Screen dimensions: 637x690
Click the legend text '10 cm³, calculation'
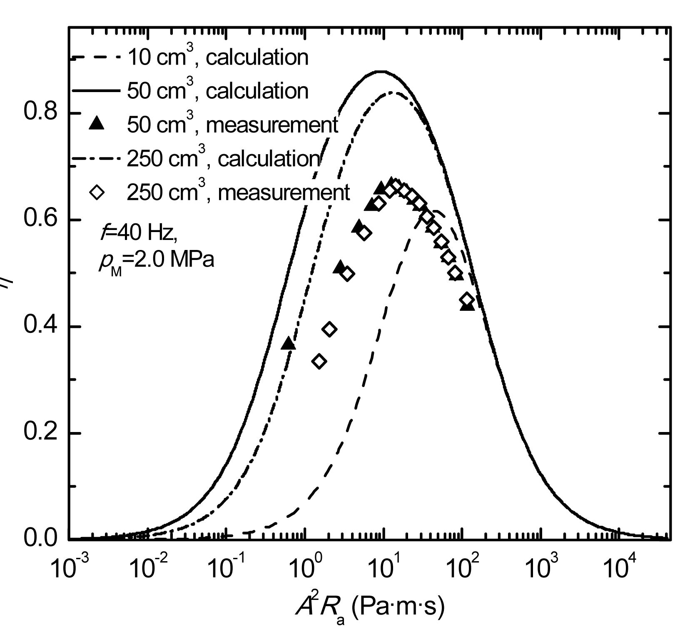pyautogui.click(x=217, y=57)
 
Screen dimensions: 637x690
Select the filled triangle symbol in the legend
pyautogui.click(x=97, y=124)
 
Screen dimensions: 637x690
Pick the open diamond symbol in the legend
pyautogui.click(x=97, y=192)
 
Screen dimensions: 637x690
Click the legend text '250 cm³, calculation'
pyautogui.click(x=223, y=159)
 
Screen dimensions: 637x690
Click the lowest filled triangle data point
pyautogui.click(x=288, y=344)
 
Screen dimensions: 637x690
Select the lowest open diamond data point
pyautogui.click(x=319, y=361)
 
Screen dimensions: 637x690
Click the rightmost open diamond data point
pyautogui.click(x=467, y=299)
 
